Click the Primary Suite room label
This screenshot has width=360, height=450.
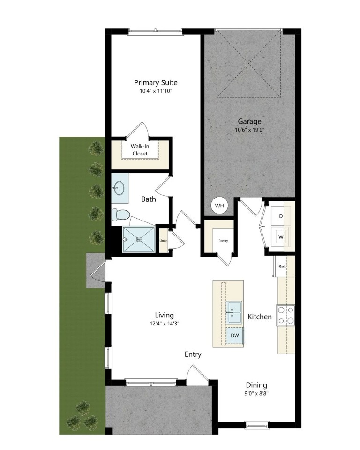[156, 83]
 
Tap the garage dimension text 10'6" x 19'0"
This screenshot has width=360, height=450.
[249, 130]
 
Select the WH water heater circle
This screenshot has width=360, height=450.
[219, 206]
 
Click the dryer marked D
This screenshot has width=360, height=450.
[281, 216]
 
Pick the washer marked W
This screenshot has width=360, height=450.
[281, 237]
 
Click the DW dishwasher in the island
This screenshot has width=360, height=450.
[235, 335]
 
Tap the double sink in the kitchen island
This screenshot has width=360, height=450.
[234, 312]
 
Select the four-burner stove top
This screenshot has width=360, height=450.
[285, 315]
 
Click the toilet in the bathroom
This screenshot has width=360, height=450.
[120, 214]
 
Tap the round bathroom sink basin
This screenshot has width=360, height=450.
[118, 188]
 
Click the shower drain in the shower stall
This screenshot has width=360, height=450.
[139, 239]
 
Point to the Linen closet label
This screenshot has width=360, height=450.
[164, 241]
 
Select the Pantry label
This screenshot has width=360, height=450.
[223, 241]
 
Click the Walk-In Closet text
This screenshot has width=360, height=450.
[140, 150]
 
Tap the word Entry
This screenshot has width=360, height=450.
[193, 354]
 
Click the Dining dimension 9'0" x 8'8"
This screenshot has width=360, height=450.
[256, 393]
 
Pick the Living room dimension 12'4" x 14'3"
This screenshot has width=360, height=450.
[165, 324]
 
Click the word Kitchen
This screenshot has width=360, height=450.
[259, 317]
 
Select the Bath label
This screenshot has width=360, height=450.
[149, 199]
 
